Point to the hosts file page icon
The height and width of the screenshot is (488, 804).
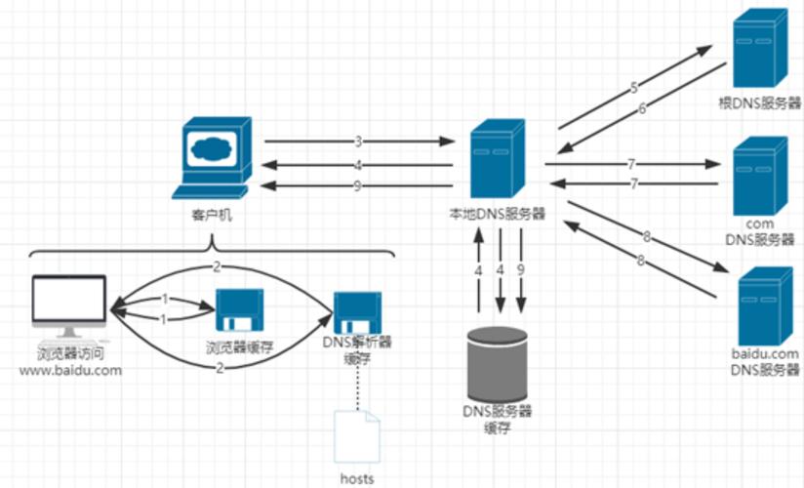pyautogui.click(x=356, y=435)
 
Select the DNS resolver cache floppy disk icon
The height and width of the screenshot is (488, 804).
pyautogui.click(x=356, y=312)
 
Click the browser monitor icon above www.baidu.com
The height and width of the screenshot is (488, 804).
pyautogui.click(x=68, y=303)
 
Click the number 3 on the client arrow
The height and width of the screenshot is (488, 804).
pyautogui.click(x=358, y=142)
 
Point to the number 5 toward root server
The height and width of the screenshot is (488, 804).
pyautogui.click(x=633, y=87)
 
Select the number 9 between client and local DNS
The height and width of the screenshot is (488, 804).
pyautogui.click(x=358, y=185)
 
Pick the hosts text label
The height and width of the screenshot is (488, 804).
pyautogui.click(x=357, y=478)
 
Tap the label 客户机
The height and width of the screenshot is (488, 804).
pyautogui.click(x=207, y=215)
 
